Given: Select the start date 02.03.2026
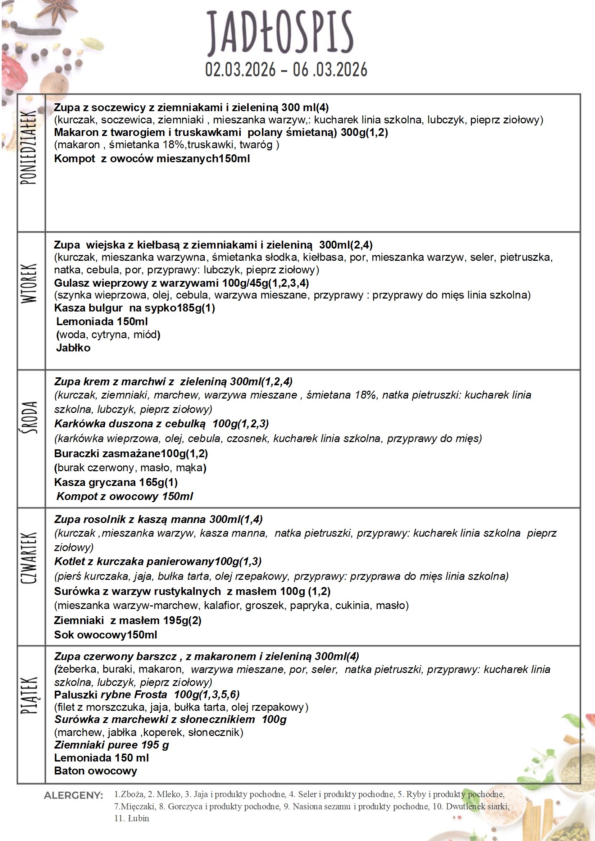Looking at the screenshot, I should point(240,69).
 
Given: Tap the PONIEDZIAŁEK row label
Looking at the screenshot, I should point(29,147).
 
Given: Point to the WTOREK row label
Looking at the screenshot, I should point(29,283).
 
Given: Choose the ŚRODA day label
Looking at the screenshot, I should point(29,418).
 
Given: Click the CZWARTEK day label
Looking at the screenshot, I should point(29,558).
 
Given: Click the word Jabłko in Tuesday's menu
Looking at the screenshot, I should point(73,347).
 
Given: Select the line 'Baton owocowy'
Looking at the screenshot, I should point(96,771).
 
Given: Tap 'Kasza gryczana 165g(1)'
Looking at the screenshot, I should point(116,482).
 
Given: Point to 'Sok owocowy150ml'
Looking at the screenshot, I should point(105,635).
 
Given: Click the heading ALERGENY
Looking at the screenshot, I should point(74,796).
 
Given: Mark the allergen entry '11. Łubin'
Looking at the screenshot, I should point(132,818).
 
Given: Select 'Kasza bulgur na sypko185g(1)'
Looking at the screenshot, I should point(135,308).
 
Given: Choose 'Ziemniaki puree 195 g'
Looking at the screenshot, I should point(112,745).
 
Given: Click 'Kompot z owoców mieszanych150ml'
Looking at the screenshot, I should point(152,159).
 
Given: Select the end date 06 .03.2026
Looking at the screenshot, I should point(330,69).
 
